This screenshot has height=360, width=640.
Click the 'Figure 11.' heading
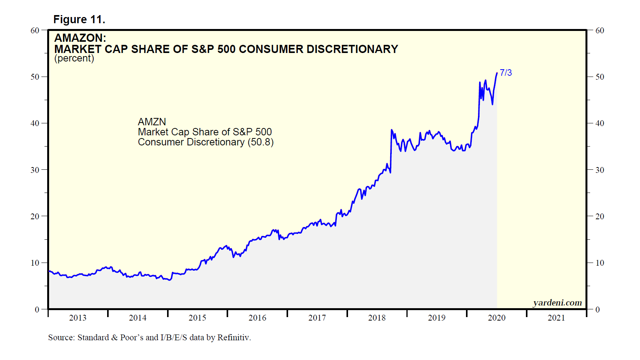click(x=79, y=19)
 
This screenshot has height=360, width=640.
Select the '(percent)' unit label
click(x=74, y=58)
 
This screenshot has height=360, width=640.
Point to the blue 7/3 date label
click(x=505, y=73)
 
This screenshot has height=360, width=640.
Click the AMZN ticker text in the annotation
click(x=152, y=122)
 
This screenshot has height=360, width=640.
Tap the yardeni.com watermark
click(x=557, y=303)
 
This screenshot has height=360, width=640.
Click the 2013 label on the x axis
click(x=78, y=318)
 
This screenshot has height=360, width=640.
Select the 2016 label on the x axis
click(x=257, y=318)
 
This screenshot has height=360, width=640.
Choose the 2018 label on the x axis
click(x=377, y=318)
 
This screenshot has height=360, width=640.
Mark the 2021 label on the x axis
click(x=556, y=318)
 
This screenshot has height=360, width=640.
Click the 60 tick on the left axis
click(x=35, y=31)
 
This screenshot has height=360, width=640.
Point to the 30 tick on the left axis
click(x=35, y=170)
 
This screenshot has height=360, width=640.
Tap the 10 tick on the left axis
click(x=35, y=263)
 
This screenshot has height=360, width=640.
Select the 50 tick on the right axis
click(x=599, y=77)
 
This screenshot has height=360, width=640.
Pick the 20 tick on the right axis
click(x=599, y=217)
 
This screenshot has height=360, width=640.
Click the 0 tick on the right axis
click(x=597, y=309)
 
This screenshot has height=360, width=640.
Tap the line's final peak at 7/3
click(x=497, y=73)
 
